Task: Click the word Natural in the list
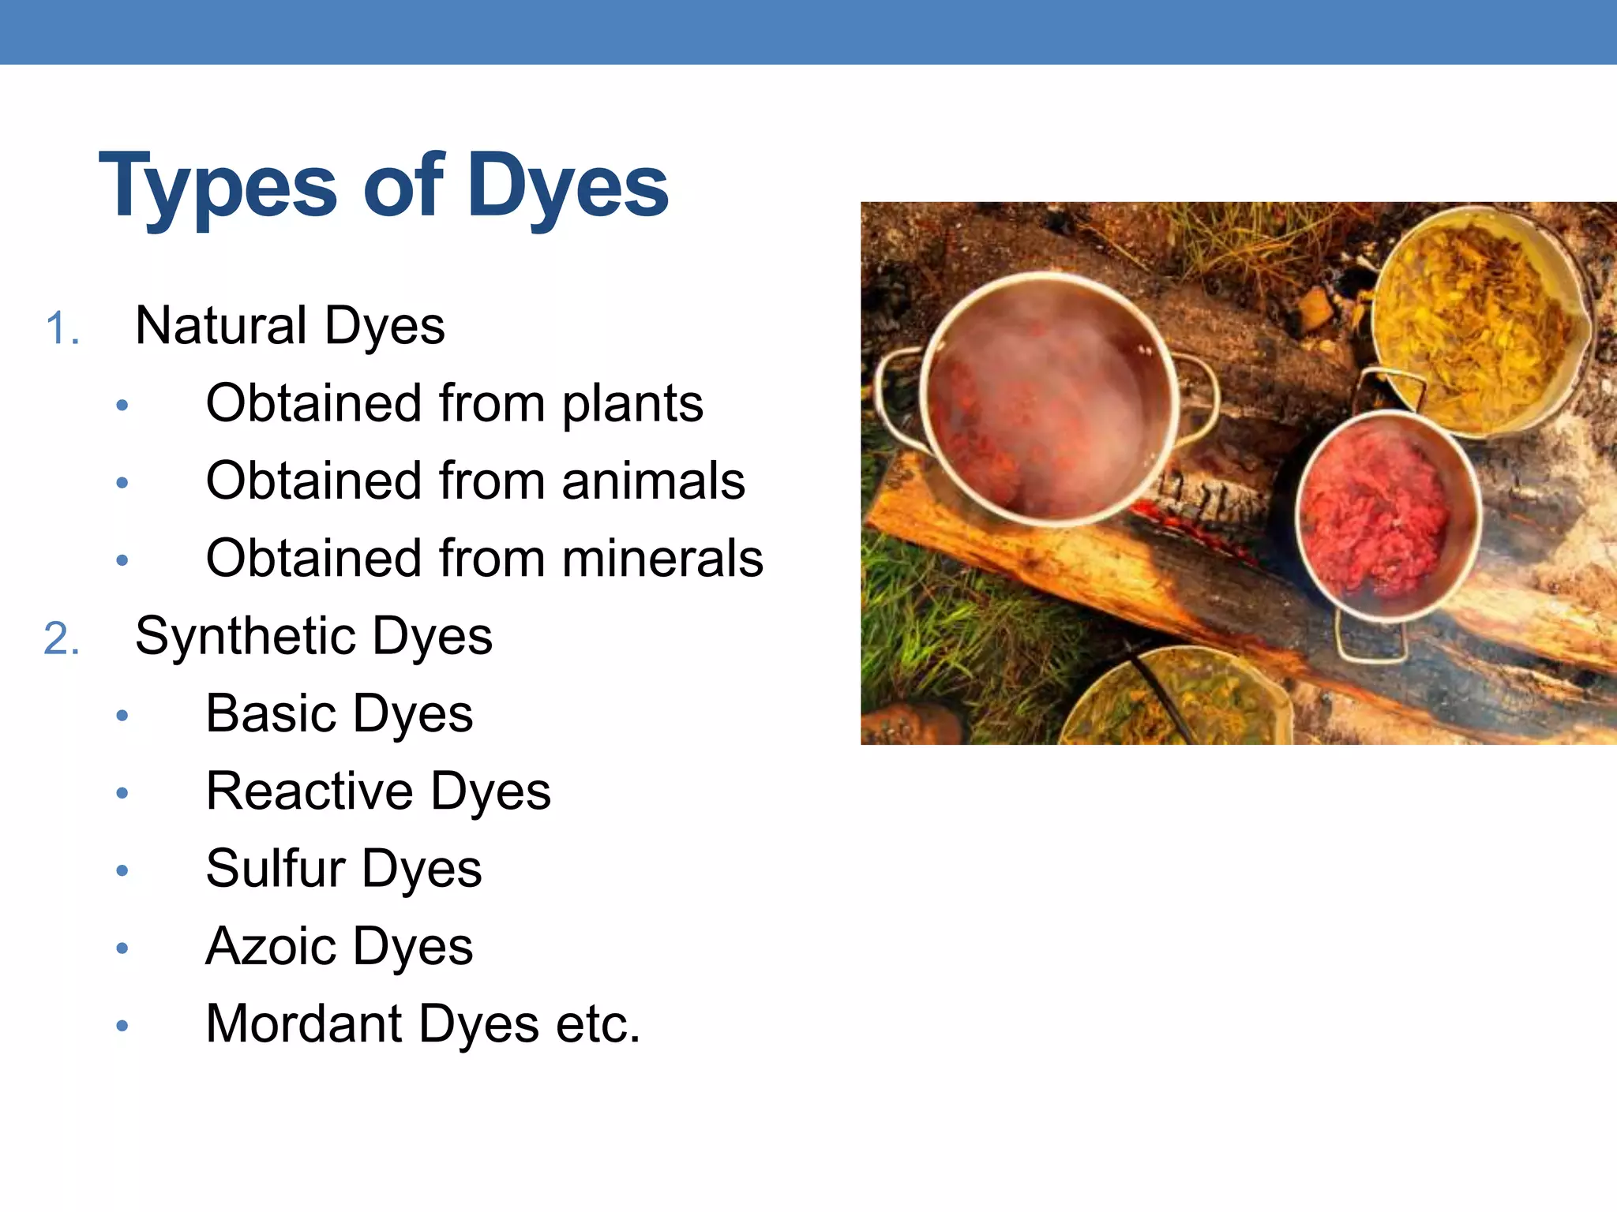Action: click(221, 325)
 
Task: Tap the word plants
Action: click(632, 404)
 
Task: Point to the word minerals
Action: click(662, 559)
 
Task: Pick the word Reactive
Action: click(310, 791)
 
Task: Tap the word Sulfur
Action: click(276, 868)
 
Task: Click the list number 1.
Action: click(62, 328)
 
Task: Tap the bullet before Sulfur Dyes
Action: click(122, 870)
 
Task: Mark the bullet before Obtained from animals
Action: click(122, 482)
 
